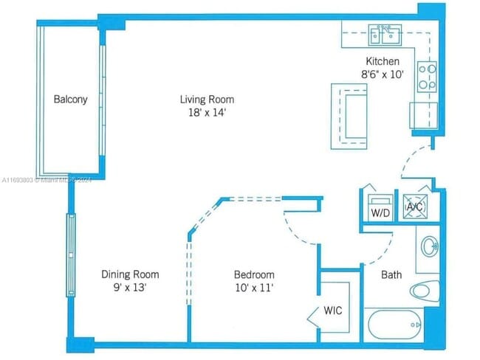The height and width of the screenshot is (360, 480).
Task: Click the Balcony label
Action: pos(70,100)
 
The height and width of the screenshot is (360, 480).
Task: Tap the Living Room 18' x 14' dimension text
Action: pos(208,113)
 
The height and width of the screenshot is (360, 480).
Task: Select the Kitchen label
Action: pos(383,61)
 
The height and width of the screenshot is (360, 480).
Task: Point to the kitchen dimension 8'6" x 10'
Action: pos(383,75)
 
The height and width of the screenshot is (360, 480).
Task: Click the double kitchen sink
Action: pos(385,35)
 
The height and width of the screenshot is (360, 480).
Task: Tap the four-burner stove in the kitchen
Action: pos(427,77)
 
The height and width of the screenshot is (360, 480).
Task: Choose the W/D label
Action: pos(380,213)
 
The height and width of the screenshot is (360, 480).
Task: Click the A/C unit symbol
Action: pos(415,207)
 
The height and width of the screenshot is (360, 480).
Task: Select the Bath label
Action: pos(391,274)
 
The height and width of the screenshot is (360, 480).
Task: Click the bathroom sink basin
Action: pos(430,246)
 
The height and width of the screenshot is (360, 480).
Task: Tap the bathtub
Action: pos(396,325)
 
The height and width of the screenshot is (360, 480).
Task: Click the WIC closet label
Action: pos(333,311)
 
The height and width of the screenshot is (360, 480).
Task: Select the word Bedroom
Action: pos(254,274)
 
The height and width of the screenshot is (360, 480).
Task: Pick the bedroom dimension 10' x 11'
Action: pos(254,288)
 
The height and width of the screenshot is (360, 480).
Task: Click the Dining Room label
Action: pos(130,274)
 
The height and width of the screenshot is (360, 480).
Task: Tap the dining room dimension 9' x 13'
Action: pos(130,288)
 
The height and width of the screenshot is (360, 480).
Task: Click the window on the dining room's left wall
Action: pos(71,255)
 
